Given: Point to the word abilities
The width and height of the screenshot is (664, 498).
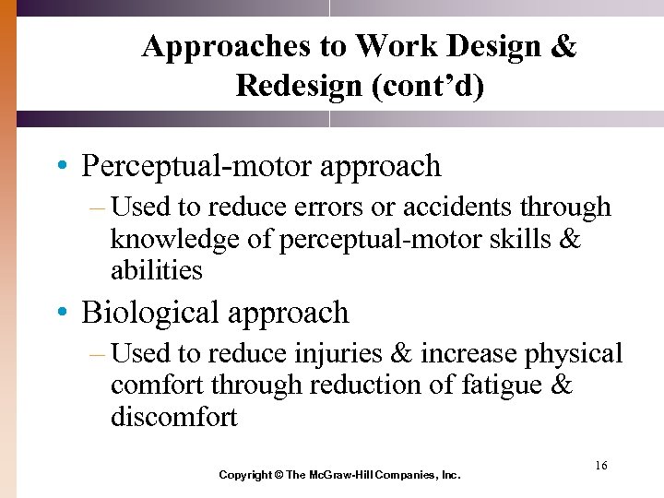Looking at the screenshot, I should [x=156, y=270].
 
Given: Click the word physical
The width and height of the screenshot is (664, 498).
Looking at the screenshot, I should [x=575, y=354].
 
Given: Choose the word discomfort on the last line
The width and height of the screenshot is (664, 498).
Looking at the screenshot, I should [x=173, y=417].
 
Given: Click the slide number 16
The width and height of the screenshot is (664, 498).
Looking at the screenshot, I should [x=600, y=466].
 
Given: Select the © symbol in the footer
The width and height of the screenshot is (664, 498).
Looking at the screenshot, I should [x=279, y=475].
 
